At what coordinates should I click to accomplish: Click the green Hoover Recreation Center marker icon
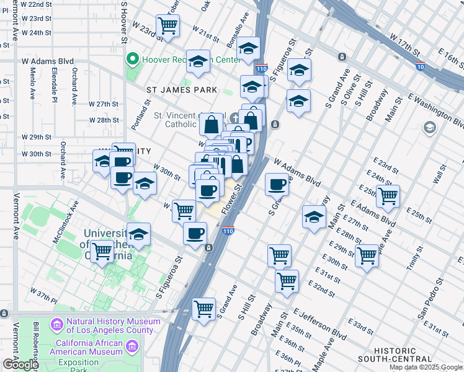point(132,60)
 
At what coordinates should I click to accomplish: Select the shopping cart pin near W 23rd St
point(168,26)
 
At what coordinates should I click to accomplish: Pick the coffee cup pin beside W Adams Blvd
point(277,184)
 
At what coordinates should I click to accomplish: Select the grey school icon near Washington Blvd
point(429,128)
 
